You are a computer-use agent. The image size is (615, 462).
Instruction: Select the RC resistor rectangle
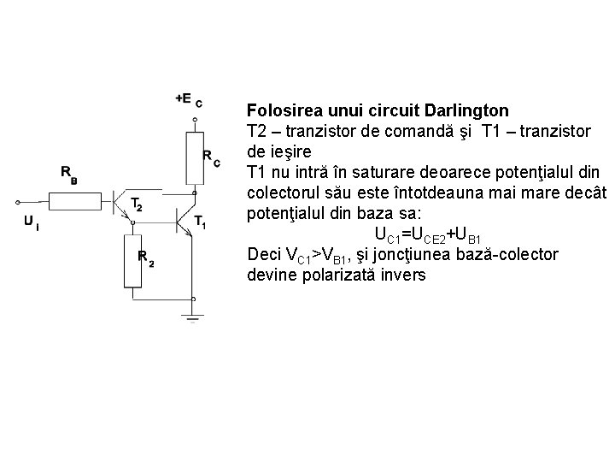(196, 158)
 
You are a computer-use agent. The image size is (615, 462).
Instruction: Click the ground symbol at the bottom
(196, 317)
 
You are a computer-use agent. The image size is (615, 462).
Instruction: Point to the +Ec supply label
(188, 99)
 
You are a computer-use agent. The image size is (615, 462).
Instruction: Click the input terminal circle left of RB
(17, 203)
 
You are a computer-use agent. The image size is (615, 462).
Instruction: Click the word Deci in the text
(262, 255)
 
